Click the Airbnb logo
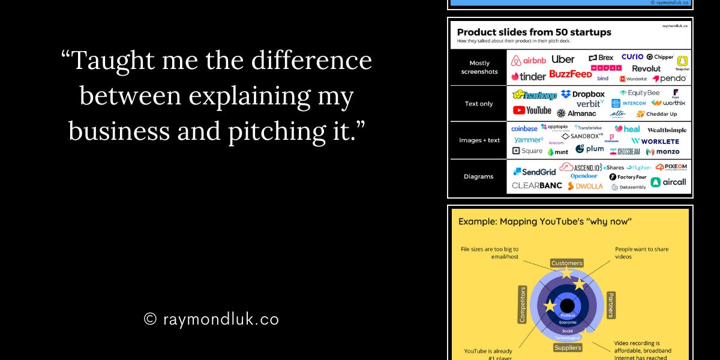(x=529, y=60)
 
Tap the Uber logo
(x=563, y=59)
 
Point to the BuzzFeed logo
(x=570, y=74)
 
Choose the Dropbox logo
(x=583, y=94)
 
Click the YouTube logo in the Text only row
(x=532, y=110)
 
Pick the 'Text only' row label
(x=479, y=104)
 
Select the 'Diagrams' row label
(x=479, y=176)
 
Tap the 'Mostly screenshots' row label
(x=479, y=67)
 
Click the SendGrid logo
(x=534, y=172)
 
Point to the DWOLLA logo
(x=585, y=186)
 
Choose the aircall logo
(x=668, y=182)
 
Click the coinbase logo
(x=524, y=128)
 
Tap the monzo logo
(x=663, y=152)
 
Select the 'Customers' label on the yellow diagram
(x=567, y=263)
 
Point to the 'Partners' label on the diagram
(x=610, y=305)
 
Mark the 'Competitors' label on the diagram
(x=523, y=305)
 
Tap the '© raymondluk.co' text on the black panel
(x=212, y=319)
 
